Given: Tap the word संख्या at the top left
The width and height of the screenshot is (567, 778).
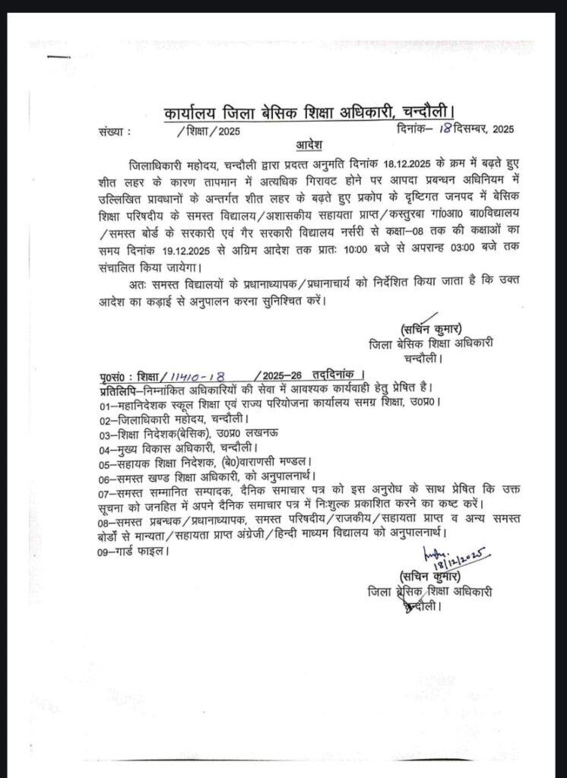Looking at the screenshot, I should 112,131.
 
